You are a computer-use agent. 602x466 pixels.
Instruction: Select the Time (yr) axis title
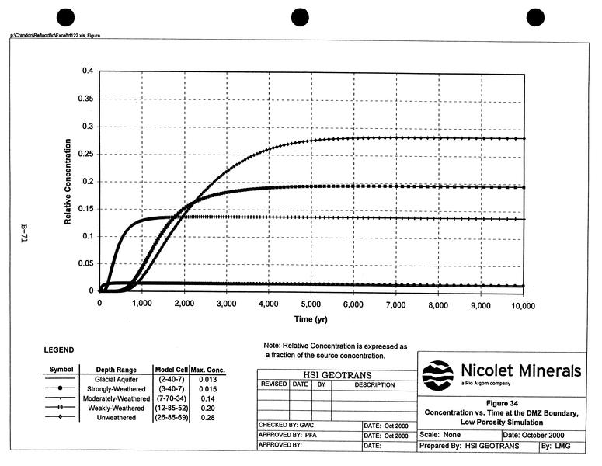[x=311, y=320]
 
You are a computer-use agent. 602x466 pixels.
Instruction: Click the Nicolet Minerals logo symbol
[x=437, y=376]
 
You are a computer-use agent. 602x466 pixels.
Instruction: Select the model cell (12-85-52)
[x=169, y=409]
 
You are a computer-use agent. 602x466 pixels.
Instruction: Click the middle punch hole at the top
[x=301, y=17]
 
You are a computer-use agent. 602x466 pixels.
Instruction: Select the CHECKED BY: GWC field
[x=284, y=426]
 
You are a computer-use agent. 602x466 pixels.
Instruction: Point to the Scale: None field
[x=440, y=436]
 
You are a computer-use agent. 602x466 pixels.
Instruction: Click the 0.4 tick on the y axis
[x=86, y=71]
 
